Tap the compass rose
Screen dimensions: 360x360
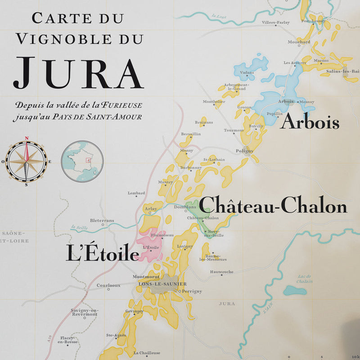pos(26,161)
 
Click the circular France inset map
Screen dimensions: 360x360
pos(82,161)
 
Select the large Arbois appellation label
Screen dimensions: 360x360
pos(310,122)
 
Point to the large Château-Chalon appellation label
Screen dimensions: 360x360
pos(273,207)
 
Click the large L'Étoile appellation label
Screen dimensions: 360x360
pos(102,253)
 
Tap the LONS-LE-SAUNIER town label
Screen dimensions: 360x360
pos(162,284)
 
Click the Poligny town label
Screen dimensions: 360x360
pos(244,151)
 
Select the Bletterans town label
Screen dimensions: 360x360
pos(102,220)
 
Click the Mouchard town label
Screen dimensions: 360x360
pos(299,42)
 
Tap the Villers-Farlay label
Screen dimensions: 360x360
pos(276,22)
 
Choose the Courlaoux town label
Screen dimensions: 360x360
pos(108,284)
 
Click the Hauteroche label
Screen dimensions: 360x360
pos(221,272)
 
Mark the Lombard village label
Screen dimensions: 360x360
pos(136,193)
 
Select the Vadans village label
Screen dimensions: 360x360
pos(247,72)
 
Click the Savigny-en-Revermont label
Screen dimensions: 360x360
pos(84,312)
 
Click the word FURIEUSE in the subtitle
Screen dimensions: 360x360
pos(121,105)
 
